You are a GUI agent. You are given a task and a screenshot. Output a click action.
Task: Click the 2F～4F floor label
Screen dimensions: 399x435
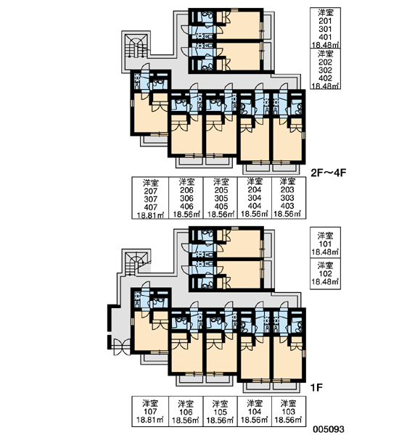coord(329,173)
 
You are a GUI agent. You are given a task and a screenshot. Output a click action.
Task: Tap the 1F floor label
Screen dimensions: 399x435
coord(316,387)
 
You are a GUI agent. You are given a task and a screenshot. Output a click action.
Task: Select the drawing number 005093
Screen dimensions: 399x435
coord(329,429)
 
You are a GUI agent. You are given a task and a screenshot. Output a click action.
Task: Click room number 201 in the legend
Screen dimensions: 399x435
coord(325,21)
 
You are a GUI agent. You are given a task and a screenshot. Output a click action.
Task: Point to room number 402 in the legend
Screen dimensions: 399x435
coord(325,78)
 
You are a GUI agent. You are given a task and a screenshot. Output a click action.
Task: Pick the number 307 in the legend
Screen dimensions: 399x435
coord(150,199)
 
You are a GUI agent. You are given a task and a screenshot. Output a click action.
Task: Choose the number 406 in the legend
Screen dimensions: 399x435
coord(186,207)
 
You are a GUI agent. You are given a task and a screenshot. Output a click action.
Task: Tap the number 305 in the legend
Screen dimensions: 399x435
coord(221,199)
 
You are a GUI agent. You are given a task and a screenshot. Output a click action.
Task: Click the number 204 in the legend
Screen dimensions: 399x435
coord(255,190)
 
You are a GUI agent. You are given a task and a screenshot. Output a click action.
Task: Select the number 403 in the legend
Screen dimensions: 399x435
coord(287,206)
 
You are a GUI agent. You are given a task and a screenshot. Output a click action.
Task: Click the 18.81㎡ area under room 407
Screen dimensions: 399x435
coord(150,215)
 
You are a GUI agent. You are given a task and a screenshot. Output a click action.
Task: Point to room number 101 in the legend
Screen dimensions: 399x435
coord(325,244)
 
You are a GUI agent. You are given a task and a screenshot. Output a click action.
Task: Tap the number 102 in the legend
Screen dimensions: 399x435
coord(325,274)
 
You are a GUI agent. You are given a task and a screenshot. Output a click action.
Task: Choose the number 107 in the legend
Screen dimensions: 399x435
coord(150,412)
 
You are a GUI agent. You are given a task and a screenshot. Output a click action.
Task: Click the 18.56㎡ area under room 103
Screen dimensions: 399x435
coord(288,420)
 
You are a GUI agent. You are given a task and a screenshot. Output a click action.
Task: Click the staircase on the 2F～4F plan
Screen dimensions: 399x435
coord(136,46)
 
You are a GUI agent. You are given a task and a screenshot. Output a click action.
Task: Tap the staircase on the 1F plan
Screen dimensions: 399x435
coord(135,264)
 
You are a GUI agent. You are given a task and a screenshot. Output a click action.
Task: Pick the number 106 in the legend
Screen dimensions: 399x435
coord(186,412)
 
